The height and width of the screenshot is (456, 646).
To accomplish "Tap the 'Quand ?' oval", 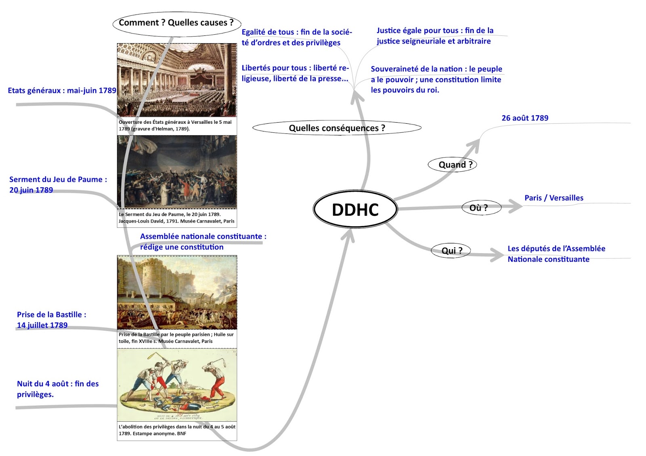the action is (453, 164).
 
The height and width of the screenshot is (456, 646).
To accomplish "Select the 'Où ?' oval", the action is (480, 208).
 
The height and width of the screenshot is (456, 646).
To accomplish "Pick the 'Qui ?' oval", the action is (451, 250).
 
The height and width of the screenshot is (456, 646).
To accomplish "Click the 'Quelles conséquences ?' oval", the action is (337, 128).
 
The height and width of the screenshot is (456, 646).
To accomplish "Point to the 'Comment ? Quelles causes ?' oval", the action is (176, 23).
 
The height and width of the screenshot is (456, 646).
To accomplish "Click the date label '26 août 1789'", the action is (525, 118).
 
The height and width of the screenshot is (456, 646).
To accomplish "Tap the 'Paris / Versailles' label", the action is (554, 198).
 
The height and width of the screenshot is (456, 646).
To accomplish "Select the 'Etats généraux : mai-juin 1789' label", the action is (62, 91).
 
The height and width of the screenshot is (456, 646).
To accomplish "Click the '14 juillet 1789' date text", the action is (42, 325).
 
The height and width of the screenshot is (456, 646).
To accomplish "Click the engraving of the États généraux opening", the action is (177, 80).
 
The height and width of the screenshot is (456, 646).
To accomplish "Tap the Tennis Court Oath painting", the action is (177, 172).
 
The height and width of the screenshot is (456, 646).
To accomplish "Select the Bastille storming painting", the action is (177, 292).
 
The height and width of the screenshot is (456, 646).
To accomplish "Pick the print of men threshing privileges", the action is (177, 385).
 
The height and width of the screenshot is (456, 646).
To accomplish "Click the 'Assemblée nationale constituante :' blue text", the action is (203, 237).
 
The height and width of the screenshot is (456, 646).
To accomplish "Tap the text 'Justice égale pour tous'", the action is (417, 31).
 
